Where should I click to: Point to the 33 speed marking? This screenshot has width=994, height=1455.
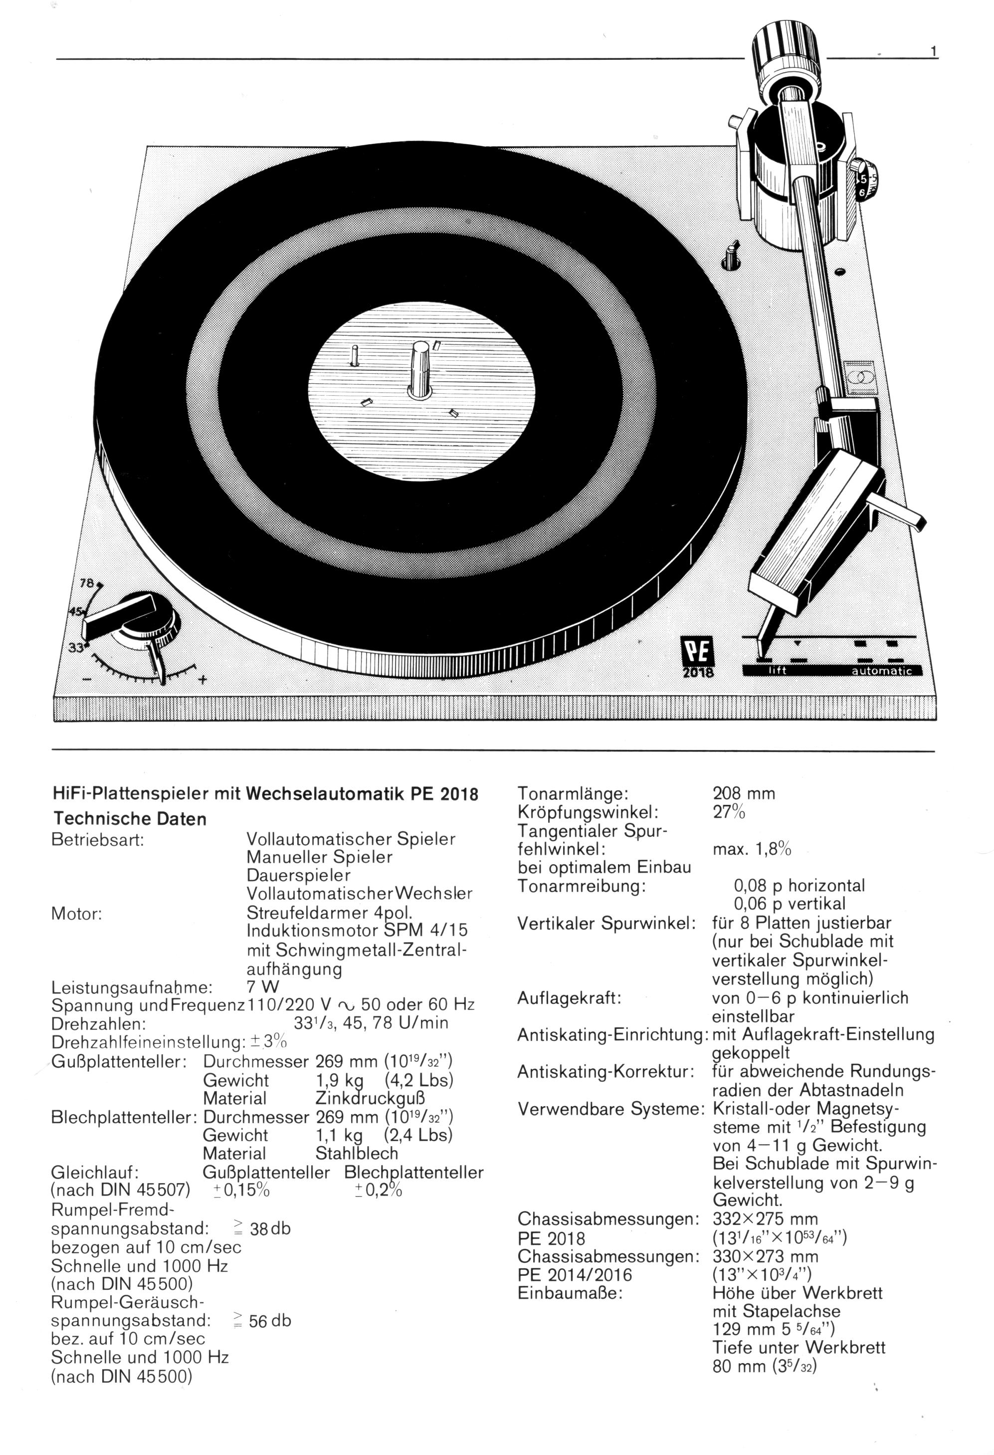coord(76,647)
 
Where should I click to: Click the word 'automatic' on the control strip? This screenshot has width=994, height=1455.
coord(881,671)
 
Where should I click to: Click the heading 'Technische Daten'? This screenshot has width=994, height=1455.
coord(130,819)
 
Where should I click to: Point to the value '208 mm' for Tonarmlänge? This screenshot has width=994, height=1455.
coord(744,793)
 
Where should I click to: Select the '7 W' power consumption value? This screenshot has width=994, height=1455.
coord(263,987)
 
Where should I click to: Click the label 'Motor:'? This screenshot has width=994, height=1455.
coord(76,914)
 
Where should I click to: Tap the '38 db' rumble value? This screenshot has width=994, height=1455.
coord(270,1228)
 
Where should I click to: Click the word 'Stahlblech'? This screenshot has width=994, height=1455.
coord(356,1153)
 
